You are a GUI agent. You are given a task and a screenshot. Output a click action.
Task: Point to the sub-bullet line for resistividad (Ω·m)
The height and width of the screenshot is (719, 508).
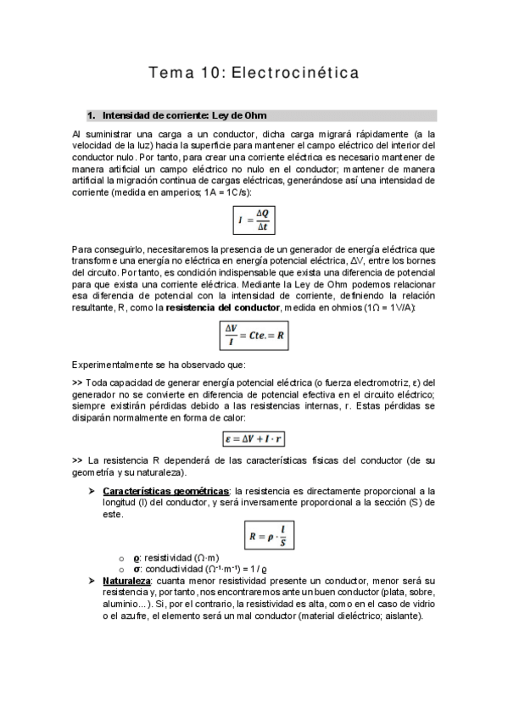pyautogui.click(x=170, y=558)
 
